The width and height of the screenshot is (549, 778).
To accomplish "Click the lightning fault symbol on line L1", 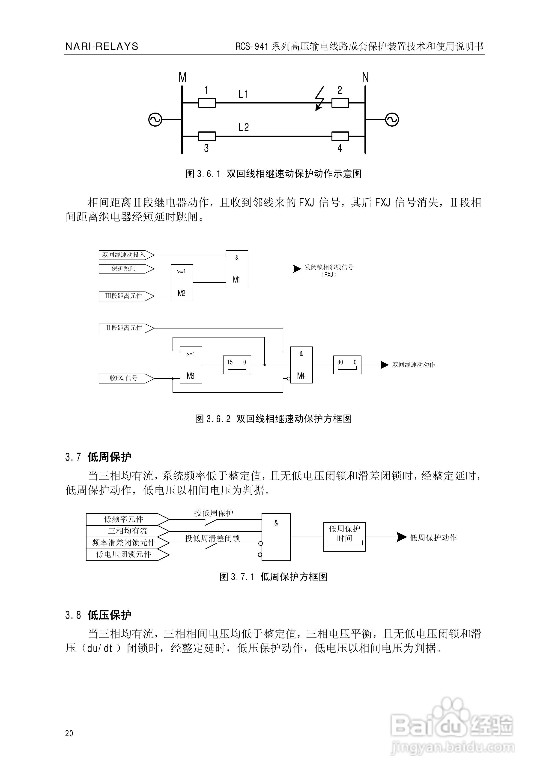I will click(319, 99).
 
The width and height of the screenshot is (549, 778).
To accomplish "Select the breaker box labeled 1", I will click(207, 103).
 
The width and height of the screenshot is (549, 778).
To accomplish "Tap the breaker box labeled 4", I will click(340, 136).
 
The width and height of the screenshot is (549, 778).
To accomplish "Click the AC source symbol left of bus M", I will click(155, 120).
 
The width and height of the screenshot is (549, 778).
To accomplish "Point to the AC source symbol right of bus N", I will click(392, 120).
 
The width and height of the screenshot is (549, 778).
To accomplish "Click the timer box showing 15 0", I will click(237, 365).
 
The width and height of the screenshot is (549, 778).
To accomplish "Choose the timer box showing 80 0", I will click(347, 365).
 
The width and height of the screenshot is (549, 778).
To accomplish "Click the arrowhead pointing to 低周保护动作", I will click(401, 537).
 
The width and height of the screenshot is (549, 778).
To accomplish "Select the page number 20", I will click(69, 733).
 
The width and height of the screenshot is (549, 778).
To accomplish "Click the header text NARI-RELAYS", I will click(102, 46).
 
